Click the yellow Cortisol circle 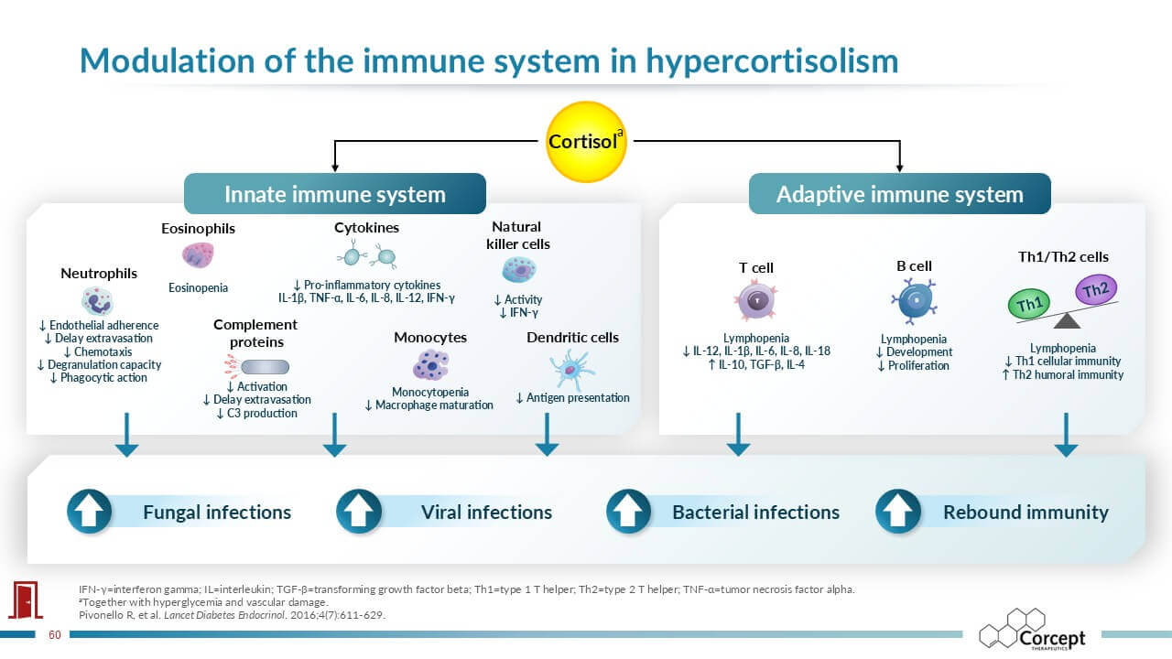tap(585, 142)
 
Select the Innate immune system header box tap(335, 194)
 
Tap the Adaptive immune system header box tap(899, 194)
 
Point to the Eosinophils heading tap(198, 228)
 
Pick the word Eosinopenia tap(198, 287)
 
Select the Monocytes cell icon tap(429, 364)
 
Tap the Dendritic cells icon tap(571, 370)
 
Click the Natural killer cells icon tap(518, 269)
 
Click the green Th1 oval tap(1028, 304)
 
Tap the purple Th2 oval tap(1095, 291)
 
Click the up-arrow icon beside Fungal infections tap(90, 512)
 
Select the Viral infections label tap(486, 512)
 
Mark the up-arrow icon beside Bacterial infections tap(629, 512)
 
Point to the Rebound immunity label tap(1025, 512)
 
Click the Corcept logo tap(1033, 630)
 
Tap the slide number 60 tap(54, 634)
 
